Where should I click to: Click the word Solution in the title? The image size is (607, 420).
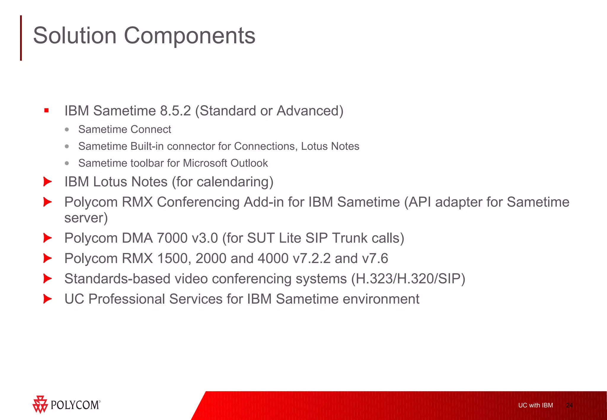75,36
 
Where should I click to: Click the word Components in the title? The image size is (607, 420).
189,36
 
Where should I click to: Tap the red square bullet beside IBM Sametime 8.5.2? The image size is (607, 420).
46,110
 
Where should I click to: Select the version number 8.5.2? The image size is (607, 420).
175,111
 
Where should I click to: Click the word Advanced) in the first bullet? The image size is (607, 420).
310,111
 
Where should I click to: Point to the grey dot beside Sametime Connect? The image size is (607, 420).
67,129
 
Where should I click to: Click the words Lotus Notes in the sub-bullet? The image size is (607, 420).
330,146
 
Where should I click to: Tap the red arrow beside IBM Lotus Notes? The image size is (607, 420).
47,182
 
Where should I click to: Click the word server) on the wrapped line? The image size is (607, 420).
86,218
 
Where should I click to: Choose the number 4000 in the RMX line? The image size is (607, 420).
273,259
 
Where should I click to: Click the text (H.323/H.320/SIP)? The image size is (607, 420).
408,279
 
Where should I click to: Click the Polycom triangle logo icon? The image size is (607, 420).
40,404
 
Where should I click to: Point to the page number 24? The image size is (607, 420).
569,405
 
